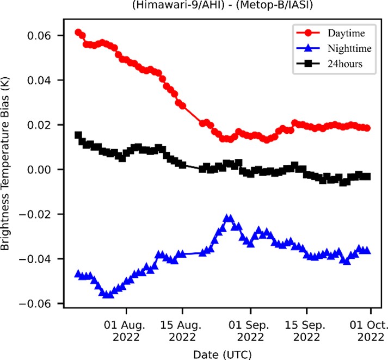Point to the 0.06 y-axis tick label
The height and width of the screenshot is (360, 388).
pyautogui.click(x=44, y=35)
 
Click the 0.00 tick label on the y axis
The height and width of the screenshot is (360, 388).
pyautogui.click(x=44, y=170)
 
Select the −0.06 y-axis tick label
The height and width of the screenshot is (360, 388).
pyautogui.click(x=40, y=303)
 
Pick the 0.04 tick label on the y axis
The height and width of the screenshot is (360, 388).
pyautogui.click(x=44, y=80)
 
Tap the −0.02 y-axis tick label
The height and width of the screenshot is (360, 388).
pyautogui.click(x=40, y=214)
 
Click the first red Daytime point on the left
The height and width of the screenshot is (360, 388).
pyautogui.click(x=78, y=33)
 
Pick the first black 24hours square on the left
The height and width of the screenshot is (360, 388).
pyautogui.click(x=78, y=135)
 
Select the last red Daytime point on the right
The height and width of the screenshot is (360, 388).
pyautogui.click(x=367, y=128)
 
